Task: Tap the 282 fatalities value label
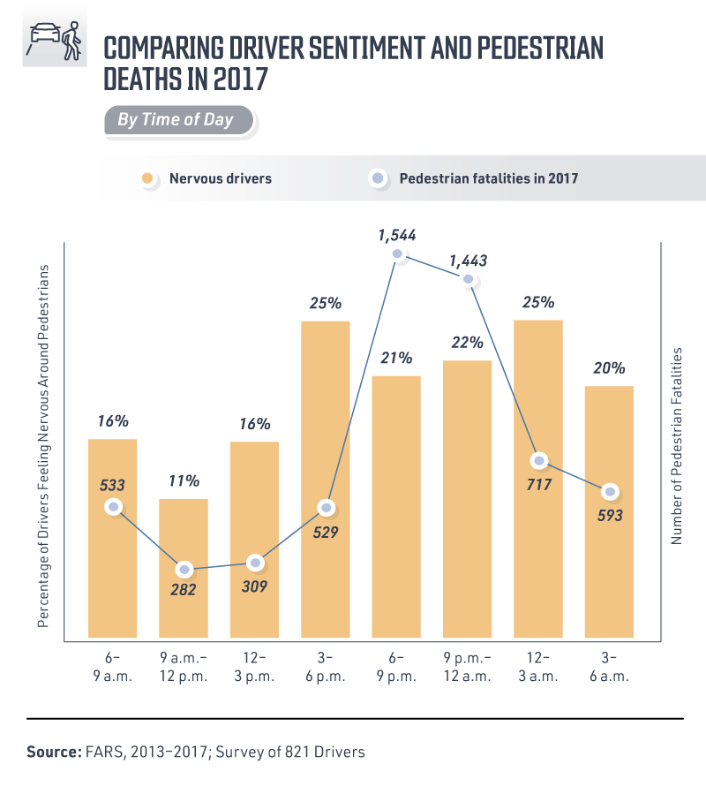click(x=184, y=588)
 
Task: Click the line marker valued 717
click(x=539, y=460)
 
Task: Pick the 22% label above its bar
click(x=467, y=342)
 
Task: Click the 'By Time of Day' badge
click(x=176, y=119)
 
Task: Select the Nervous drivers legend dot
click(x=149, y=178)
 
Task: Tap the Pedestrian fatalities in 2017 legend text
click(x=488, y=178)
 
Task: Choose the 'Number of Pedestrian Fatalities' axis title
click(x=678, y=445)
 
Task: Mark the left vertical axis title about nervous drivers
click(x=41, y=445)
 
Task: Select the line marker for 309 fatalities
click(x=255, y=562)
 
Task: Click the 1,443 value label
click(x=468, y=261)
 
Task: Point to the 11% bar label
click(x=184, y=481)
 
